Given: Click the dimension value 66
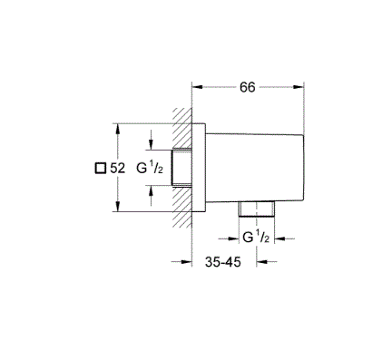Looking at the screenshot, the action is point(248,87).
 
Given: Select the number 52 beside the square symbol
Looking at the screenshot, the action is point(117,168).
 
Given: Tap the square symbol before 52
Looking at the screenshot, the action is point(101,168).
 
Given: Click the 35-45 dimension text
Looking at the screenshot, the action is point(223,262).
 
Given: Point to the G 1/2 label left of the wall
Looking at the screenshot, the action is point(150,168).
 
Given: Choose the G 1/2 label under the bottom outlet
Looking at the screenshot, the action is point(256,238).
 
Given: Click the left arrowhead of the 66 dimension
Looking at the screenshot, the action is point(197,87).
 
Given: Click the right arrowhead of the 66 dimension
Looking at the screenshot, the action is point(299,87).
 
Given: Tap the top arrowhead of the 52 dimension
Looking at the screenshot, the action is point(118,129).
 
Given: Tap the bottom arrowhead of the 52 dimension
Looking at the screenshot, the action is point(118,206).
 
